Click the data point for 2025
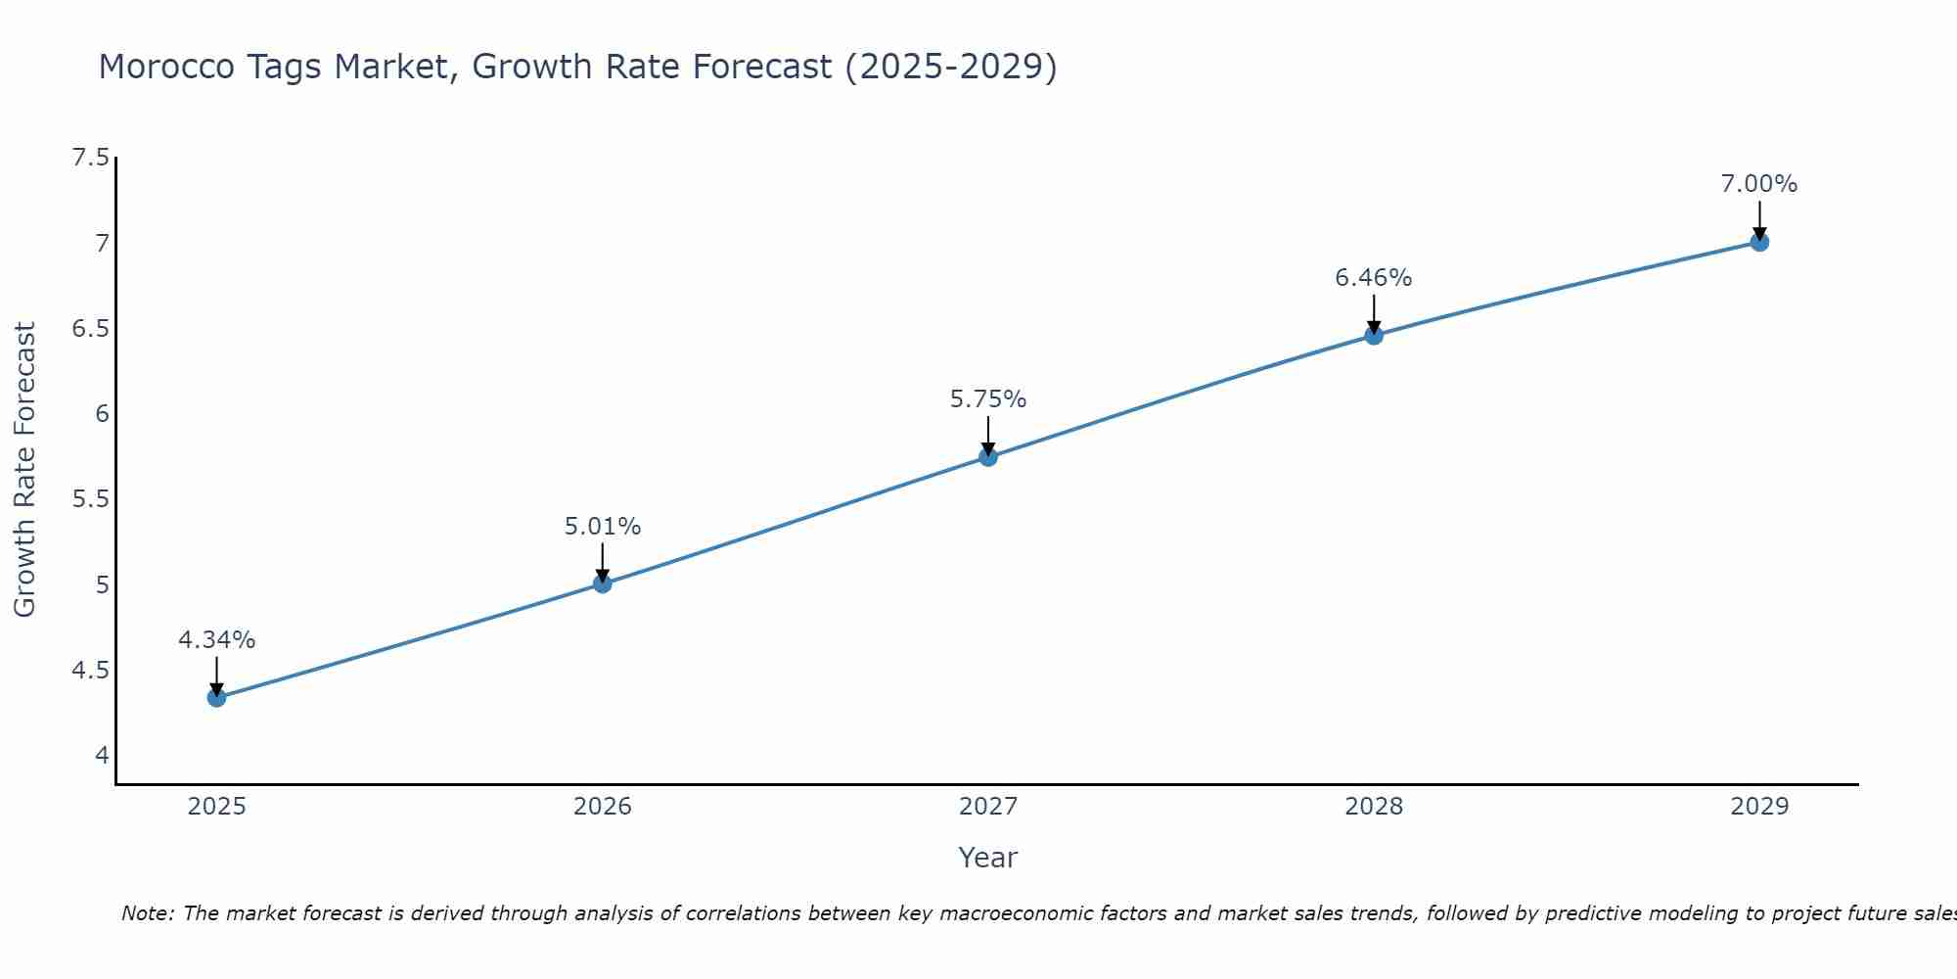216,697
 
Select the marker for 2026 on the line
602,583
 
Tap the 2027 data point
987,456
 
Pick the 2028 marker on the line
1373,335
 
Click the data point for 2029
1758,242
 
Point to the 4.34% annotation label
216,640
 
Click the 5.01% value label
602,527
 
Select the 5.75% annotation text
987,399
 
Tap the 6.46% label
1373,278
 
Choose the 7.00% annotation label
1758,184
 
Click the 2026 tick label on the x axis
602,807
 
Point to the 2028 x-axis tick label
1373,807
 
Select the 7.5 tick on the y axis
90,158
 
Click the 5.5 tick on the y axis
90,499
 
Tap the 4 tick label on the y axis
102,756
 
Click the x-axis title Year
987,858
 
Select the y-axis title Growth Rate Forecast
24,470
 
